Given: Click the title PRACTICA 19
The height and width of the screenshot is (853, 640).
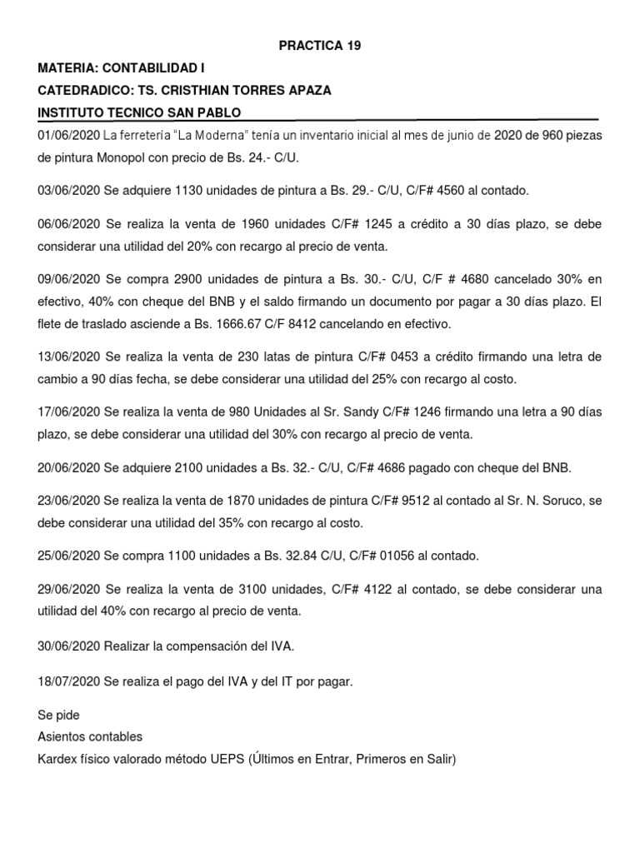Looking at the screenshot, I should pos(320,46).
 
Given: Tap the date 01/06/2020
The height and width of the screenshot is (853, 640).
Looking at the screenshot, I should pos(68,135).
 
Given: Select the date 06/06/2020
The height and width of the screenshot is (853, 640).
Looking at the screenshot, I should pos(68,225).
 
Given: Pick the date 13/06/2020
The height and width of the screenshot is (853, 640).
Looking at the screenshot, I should pos(68,357).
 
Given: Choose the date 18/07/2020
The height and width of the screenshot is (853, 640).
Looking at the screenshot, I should pos(68,681).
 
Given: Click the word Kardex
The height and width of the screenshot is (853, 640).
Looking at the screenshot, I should pos(55,758).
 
